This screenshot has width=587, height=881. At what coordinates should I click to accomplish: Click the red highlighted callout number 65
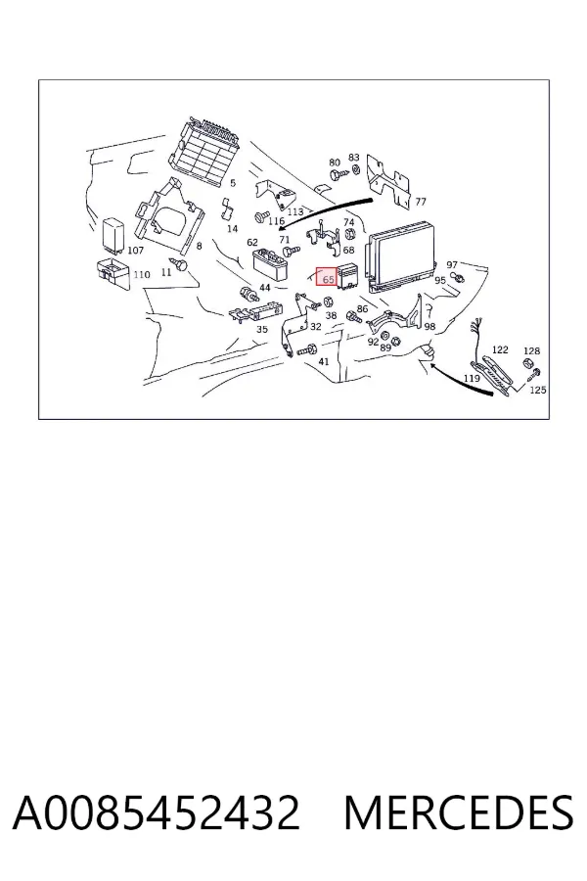tap(328, 279)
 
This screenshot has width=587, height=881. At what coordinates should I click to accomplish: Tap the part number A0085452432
tap(157, 812)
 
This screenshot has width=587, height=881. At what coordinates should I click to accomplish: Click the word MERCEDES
tap(459, 812)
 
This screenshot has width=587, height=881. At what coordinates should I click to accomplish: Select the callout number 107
tap(135, 251)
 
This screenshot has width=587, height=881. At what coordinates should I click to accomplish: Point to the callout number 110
tap(142, 275)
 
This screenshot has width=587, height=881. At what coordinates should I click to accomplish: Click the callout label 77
tap(420, 201)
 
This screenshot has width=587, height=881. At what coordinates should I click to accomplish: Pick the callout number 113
tap(295, 211)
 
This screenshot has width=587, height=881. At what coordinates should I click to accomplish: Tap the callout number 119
tap(472, 378)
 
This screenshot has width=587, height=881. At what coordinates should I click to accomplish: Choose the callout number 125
tap(538, 390)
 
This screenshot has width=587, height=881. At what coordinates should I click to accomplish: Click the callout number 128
tap(531, 350)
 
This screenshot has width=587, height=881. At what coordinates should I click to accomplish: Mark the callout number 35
tap(262, 329)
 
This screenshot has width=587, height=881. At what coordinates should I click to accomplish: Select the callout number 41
tap(324, 361)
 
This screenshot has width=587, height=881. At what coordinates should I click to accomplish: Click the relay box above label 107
tap(114, 233)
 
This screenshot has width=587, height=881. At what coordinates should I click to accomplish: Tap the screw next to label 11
tap(181, 264)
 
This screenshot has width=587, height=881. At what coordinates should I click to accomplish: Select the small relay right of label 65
tap(348, 275)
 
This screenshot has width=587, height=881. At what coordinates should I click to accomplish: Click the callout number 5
tap(233, 183)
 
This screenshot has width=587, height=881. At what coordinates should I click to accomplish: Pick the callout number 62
tap(252, 242)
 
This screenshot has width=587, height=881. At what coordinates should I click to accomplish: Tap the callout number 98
tap(429, 326)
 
